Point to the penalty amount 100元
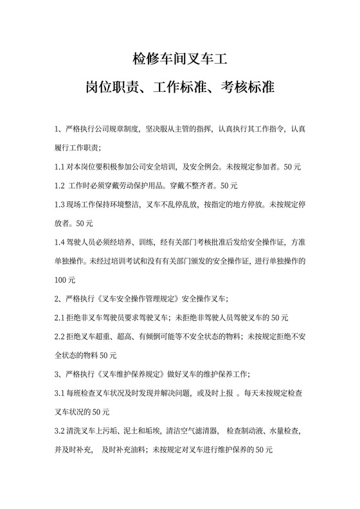[x=65, y=280]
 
